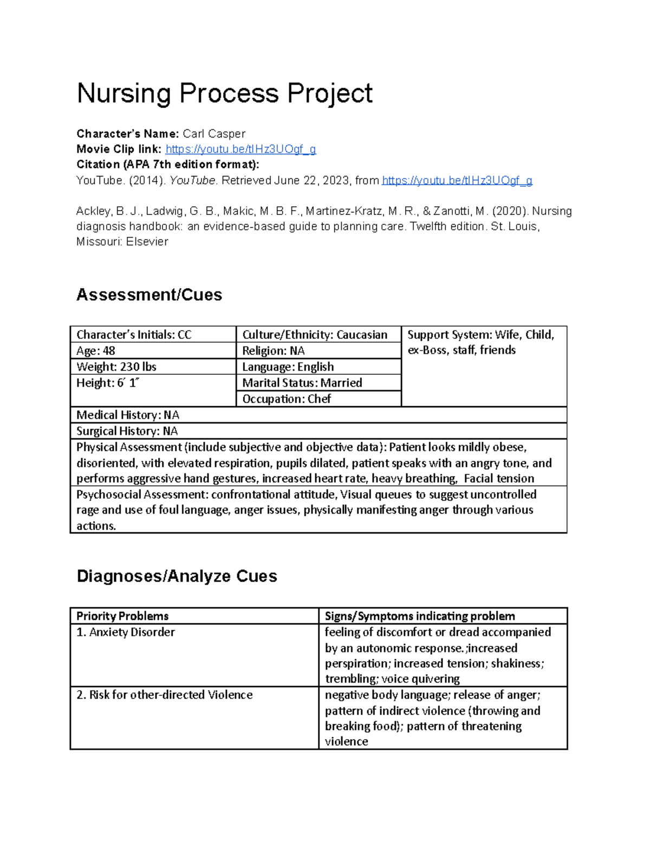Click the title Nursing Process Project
224,93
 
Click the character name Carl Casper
213,134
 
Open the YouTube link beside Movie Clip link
240,149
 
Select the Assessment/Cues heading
149,295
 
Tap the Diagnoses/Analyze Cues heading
177,576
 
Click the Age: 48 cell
96,351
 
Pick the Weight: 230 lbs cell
116,367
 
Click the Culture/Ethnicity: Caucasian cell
315,335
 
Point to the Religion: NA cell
274,351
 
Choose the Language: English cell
288,367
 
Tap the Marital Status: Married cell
302,383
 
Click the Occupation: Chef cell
287,399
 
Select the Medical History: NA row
128,415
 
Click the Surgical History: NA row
127,431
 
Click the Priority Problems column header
122,616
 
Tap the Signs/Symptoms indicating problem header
420,616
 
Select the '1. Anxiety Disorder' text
126,632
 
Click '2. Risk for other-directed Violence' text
165,695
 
